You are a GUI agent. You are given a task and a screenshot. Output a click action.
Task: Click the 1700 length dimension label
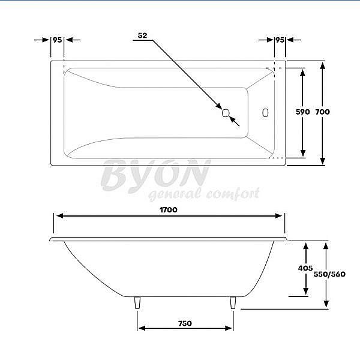[168, 210]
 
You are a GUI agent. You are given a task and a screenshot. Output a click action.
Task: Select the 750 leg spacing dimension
[185, 323]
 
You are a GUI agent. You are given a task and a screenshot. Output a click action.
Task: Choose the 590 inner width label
[303, 112]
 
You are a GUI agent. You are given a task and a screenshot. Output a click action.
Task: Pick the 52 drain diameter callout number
[142, 35]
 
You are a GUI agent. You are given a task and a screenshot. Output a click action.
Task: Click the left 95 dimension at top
[58, 40]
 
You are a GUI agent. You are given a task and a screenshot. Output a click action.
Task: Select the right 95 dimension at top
[280, 40]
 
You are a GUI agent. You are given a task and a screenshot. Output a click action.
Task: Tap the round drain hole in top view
[226, 112]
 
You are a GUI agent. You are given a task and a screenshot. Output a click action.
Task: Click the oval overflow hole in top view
[266, 112]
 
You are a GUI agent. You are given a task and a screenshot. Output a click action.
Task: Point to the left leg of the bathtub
[138, 303]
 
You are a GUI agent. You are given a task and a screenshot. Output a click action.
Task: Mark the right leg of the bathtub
[233, 303]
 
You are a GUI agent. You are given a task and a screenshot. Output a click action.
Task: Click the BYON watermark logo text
[155, 175]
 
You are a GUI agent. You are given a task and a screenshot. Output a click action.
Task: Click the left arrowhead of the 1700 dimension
[57, 217]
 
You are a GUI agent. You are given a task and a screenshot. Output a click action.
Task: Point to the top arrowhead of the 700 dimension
[323, 64]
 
